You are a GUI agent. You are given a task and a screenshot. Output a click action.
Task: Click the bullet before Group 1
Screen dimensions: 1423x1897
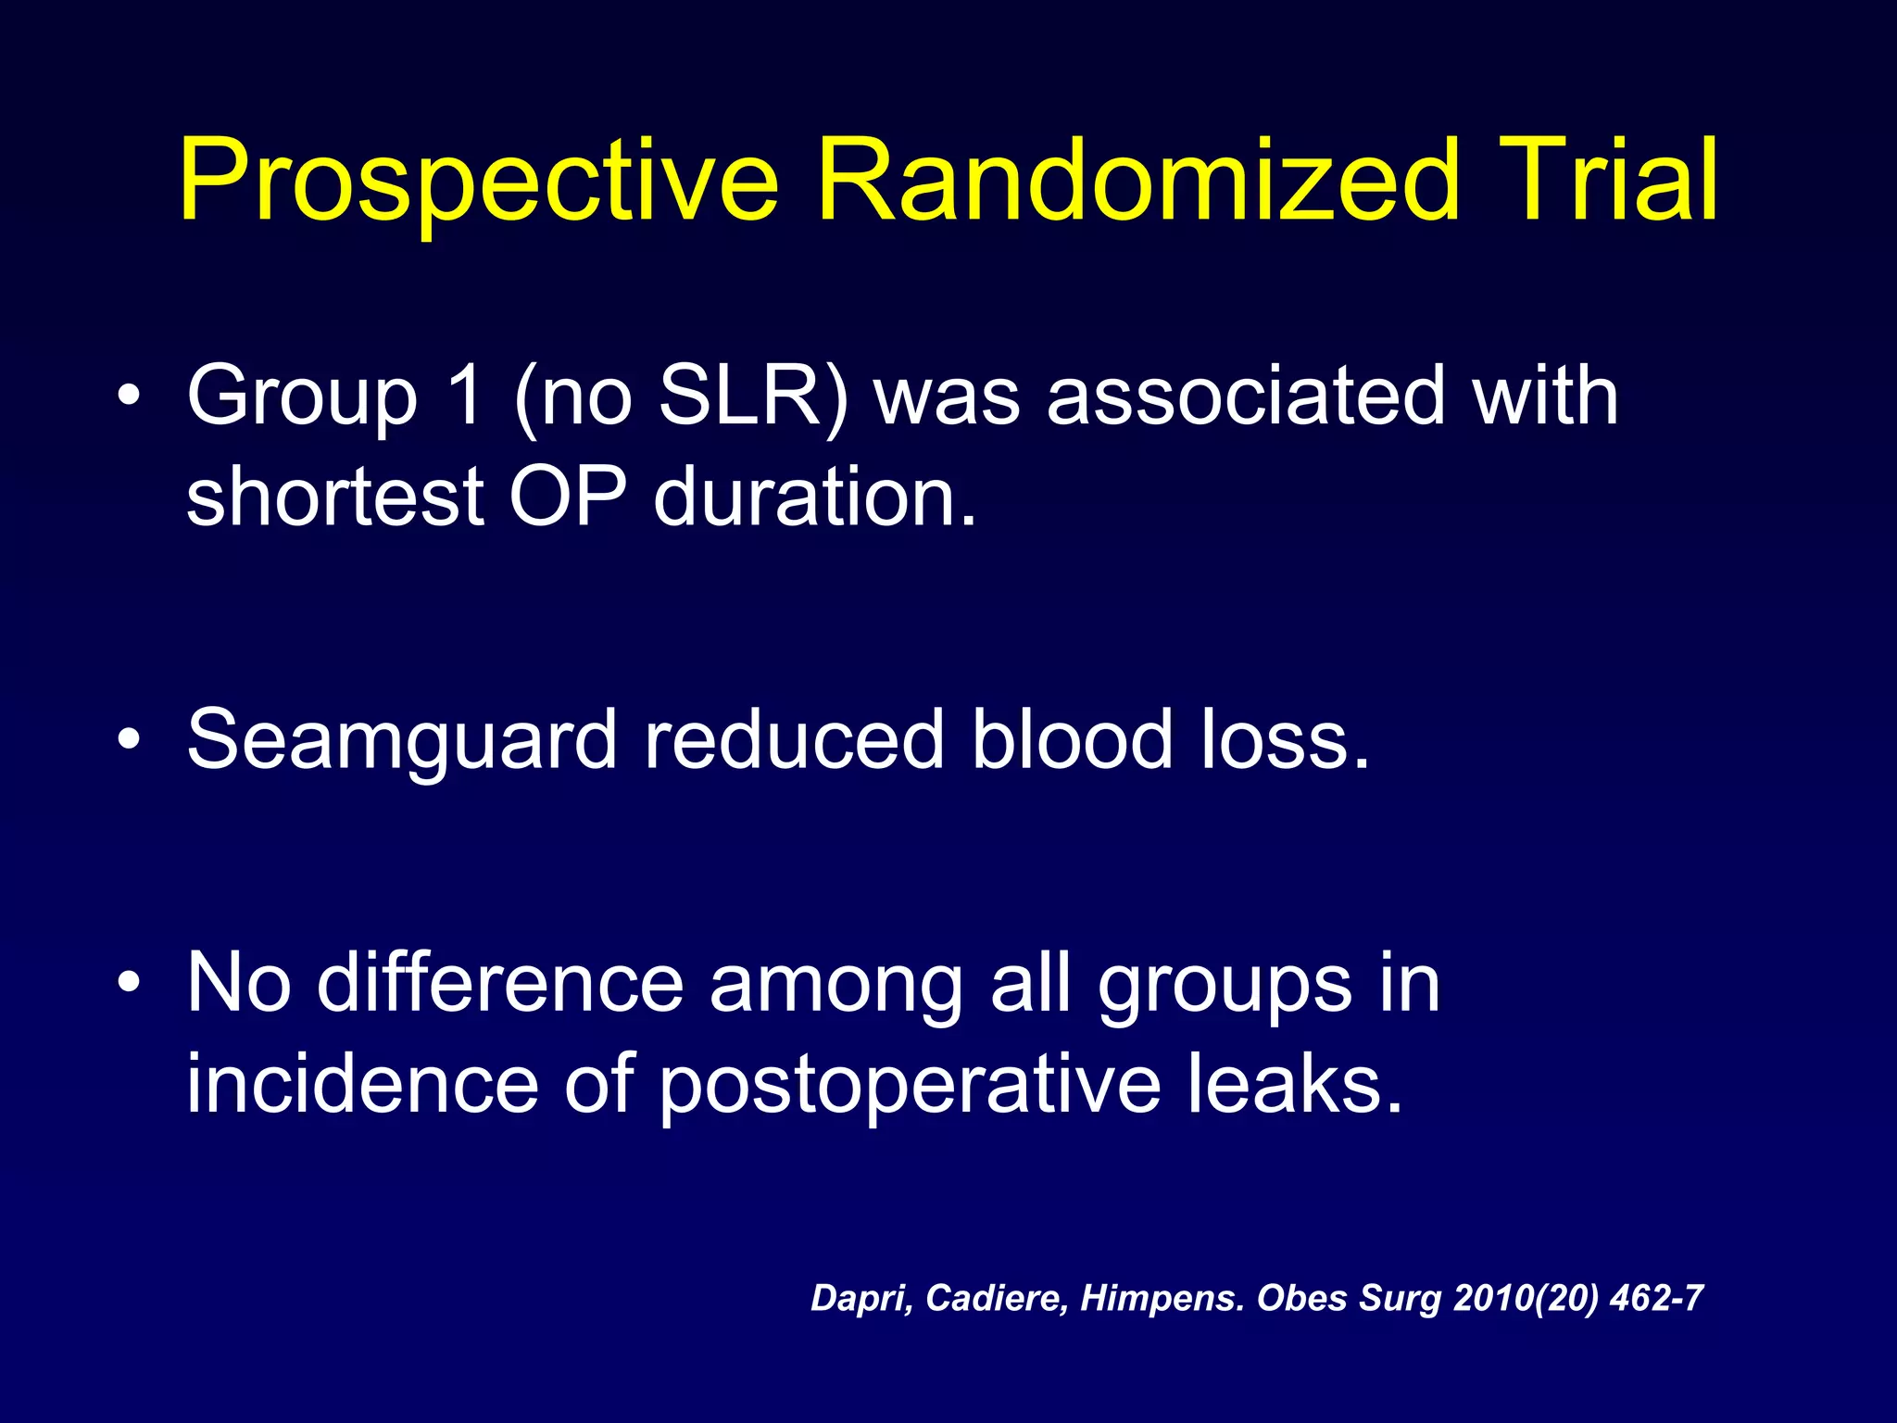coord(130,397)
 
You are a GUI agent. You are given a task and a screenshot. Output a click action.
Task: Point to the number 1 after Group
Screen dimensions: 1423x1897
coord(464,397)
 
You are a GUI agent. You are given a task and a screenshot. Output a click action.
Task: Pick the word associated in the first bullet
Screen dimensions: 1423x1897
coord(1246,397)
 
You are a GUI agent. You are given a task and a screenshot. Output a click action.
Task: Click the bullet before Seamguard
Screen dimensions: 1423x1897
coord(130,740)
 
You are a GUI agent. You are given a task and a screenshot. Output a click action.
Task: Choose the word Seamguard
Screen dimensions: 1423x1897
coord(401,740)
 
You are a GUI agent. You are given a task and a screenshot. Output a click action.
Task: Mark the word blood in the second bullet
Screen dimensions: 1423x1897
coord(1072,740)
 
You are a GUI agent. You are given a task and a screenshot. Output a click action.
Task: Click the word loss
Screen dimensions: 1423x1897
coord(1284,740)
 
